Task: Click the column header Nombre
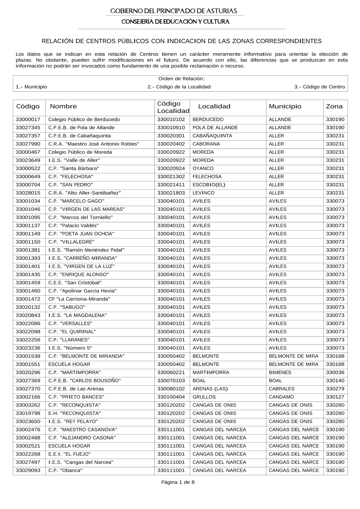pyautogui.click(x=63, y=106)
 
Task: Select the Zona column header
pyautogui.click(x=334, y=106)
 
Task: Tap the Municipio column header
pyautogui.click(x=285, y=106)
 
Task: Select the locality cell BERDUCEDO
pyautogui.click(x=208, y=119)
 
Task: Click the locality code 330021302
pyautogui.click(x=171, y=177)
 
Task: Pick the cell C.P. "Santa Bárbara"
pyautogui.click(x=74, y=169)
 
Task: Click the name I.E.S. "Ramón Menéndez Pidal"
pyautogui.click(x=86, y=250)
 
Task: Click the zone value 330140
pyautogui.click(x=335, y=381)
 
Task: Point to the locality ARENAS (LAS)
pyautogui.click(x=210, y=389)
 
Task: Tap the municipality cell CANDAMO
pyautogui.click(x=281, y=397)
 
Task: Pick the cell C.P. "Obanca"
pyautogui.click(x=66, y=471)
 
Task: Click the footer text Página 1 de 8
pyautogui.click(x=178, y=483)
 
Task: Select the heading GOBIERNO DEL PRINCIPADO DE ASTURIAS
pyautogui.click(x=174, y=11)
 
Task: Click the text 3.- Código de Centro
pyautogui.click(x=319, y=87)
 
